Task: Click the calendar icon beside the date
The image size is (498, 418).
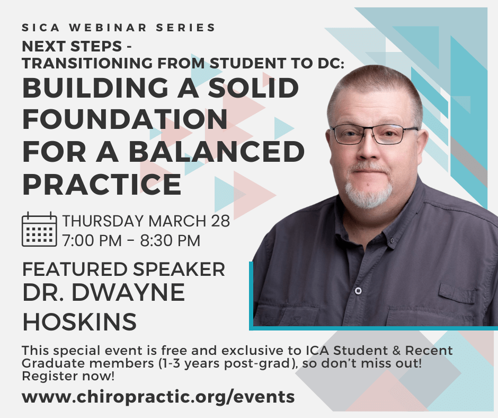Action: click(39, 229)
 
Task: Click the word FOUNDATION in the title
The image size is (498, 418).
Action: click(125, 119)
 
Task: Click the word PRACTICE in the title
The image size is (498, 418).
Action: click(102, 184)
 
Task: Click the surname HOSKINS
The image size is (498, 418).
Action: click(79, 321)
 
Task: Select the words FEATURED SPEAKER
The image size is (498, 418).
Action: click(123, 269)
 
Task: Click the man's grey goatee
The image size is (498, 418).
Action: click(368, 192)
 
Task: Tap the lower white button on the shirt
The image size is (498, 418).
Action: click(358, 290)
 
